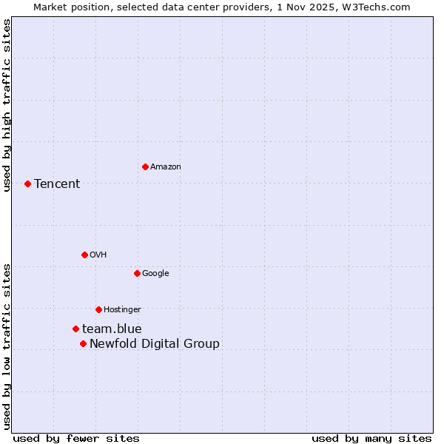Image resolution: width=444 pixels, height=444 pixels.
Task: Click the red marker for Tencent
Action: point(27,184)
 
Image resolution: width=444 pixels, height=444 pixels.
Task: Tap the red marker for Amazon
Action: point(145,166)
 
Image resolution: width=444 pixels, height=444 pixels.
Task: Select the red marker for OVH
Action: point(84,255)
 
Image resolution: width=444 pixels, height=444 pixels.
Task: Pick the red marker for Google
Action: point(137,273)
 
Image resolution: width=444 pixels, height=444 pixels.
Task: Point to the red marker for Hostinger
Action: point(98,309)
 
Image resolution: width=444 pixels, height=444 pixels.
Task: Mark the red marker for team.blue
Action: point(75,329)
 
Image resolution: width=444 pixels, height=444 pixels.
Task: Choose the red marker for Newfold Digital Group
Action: point(83,343)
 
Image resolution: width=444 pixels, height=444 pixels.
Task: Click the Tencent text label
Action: point(57,184)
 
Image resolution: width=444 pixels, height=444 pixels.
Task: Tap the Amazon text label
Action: point(166,166)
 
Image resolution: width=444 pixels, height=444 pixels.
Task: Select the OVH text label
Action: point(98,255)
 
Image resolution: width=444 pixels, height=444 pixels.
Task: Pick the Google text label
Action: point(155,273)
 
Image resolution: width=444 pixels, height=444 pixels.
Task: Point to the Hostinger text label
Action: point(122,309)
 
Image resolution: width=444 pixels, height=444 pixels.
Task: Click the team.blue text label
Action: point(112,329)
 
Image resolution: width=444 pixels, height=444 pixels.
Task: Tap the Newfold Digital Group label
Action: point(155,343)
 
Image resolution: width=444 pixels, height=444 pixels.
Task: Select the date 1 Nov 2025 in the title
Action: point(313,7)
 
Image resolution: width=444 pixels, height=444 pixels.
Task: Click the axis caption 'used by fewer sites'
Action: point(76,438)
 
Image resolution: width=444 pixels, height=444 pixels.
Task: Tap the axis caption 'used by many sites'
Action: point(371,438)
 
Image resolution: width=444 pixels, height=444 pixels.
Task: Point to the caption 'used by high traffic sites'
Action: point(7,106)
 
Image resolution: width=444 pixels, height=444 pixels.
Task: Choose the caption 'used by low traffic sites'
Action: point(7,346)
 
